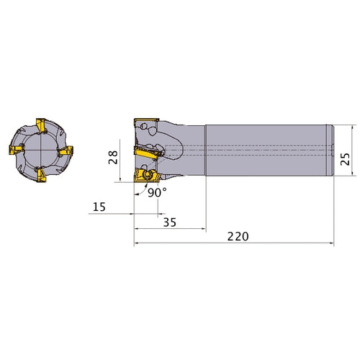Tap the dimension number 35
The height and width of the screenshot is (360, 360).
170,223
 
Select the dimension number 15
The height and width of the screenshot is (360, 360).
99,208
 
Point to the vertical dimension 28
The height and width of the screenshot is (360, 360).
113,158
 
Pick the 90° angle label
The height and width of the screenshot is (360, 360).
158,193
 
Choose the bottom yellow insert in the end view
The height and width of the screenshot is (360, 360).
39,176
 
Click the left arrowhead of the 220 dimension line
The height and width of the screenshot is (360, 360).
137,244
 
